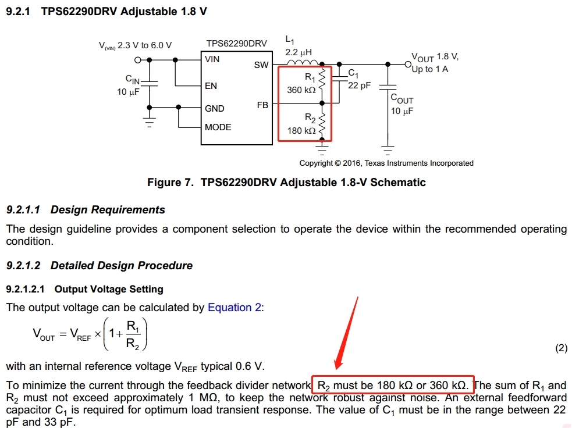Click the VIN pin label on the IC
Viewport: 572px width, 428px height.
point(212,59)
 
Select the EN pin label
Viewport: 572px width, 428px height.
point(211,86)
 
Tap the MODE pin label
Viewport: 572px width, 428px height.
point(218,127)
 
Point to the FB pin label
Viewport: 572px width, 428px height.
point(262,105)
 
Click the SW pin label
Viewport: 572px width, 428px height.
point(261,65)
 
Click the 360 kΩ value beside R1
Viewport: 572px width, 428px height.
point(301,90)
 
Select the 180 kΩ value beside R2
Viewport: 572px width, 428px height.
point(301,131)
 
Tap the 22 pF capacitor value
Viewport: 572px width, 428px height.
point(359,85)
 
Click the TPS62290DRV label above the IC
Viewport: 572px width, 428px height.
point(236,44)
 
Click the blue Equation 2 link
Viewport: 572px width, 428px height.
point(234,308)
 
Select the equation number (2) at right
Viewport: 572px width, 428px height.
point(561,348)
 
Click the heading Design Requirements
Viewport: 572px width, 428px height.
point(108,210)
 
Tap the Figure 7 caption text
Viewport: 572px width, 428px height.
point(286,183)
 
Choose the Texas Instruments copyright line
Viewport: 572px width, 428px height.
point(386,163)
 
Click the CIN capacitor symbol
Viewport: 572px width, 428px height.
point(150,83)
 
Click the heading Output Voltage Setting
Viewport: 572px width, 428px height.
point(109,289)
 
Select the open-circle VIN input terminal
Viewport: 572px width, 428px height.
point(138,60)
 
